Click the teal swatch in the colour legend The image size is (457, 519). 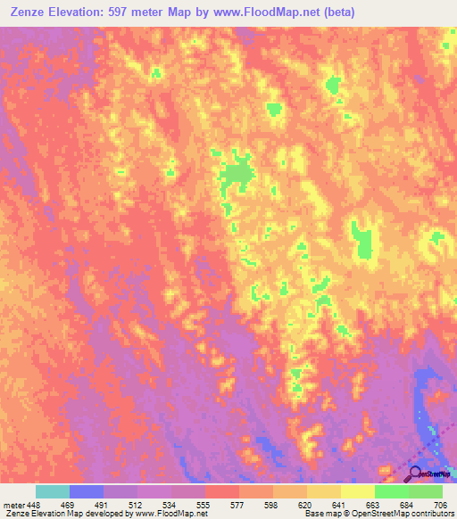53,491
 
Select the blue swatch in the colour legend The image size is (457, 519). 87,491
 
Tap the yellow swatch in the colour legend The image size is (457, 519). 357,491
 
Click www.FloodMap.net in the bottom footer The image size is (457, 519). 169,515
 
